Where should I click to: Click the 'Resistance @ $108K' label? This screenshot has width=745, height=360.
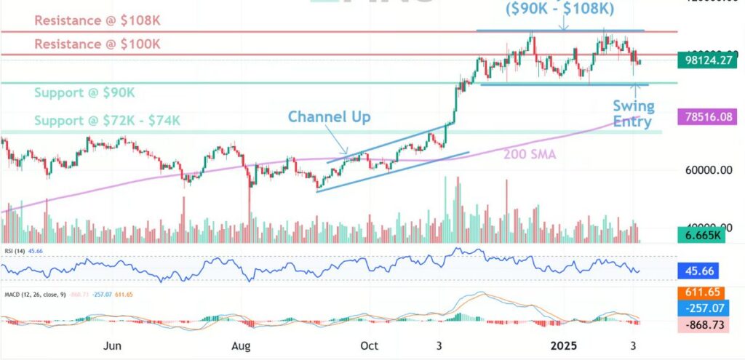(x=97, y=20)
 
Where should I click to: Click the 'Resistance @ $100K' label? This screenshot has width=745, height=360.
(x=97, y=44)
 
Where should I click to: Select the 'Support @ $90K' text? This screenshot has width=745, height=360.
(x=84, y=93)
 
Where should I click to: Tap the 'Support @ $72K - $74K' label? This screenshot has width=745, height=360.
(x=107, y=120)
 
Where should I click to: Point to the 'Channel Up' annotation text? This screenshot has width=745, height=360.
(x=329, y=116)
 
